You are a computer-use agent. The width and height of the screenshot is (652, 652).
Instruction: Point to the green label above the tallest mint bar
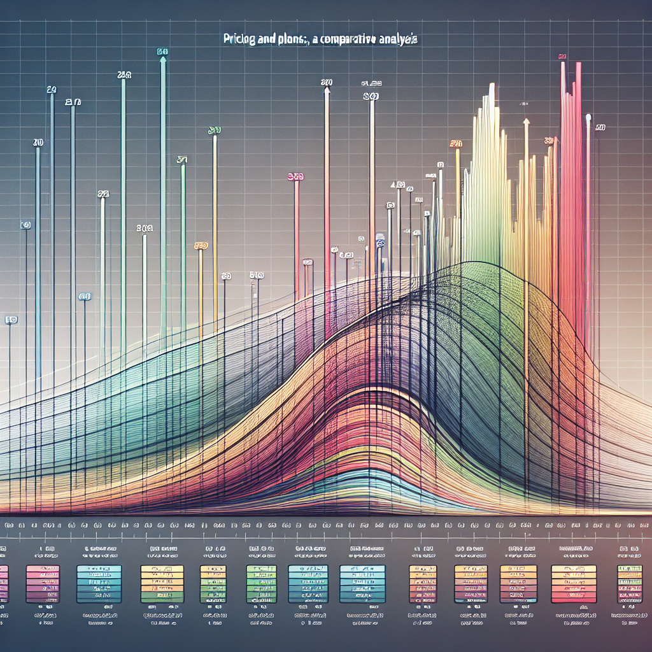(x=162, y=52)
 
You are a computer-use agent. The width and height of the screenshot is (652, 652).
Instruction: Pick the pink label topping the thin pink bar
(x=295, y=177)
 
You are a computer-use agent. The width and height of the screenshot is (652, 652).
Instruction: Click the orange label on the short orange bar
(x=201, y=245)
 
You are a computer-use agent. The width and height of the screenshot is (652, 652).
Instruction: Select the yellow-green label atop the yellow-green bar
(x=214, y=131)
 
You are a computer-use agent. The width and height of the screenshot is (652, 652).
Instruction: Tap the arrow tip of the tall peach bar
(x=327, y=90)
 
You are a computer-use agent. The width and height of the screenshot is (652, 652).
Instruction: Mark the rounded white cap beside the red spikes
(x=588, y=118)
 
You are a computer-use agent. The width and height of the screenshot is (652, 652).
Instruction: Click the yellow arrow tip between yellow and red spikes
(x=526, y=120)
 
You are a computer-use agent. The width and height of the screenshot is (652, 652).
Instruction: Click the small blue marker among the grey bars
(x=380, y=243)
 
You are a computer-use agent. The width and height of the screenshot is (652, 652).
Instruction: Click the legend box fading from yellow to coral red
(x=573, y=584)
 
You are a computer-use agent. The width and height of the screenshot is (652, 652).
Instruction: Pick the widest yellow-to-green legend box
(x=162, y=584)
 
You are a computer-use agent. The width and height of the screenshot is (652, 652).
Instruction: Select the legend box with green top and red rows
(x=629, y=584)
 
